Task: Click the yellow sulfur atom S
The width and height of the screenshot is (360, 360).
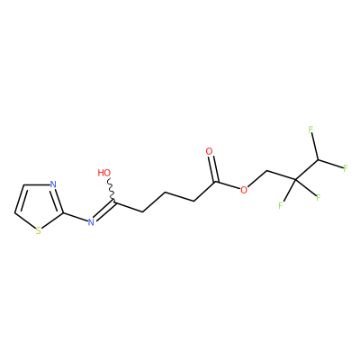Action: [x=38, y=230]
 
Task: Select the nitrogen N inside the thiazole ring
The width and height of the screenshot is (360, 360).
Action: [x=53, y=184]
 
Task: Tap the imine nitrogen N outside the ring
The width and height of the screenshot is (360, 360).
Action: [x=91, y=222]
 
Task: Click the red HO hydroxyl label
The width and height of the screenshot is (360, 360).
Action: [x=104, y=173]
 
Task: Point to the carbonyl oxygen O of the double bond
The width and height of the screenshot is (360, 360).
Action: [x=209, y=151]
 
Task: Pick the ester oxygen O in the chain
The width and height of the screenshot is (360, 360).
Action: [x=244, y=190]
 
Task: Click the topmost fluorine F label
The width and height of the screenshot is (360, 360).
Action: [x=310, y=130]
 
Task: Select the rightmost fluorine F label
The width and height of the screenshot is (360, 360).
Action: [x=346, y=168]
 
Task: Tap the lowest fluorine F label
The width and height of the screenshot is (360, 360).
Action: [x=281, y=206]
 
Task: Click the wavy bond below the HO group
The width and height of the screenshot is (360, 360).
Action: [x=111, y=188]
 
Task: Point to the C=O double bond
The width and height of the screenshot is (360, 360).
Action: [x=212, y=168]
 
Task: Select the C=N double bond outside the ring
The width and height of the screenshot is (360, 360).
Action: [x=104, y=210]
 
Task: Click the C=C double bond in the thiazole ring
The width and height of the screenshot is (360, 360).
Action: [x=20, y=199]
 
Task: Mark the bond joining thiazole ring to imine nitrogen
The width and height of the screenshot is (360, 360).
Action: [x=76, y=218]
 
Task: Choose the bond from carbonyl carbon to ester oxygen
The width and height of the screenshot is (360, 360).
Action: [x=228, y=185]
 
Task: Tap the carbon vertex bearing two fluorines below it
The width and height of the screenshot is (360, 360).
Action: [x=295, y=180]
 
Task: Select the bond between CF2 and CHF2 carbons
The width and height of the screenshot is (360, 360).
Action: [x=307, y=170]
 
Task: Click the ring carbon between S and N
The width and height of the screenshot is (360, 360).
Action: [x=63, y=213]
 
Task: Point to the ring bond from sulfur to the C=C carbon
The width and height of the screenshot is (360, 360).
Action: [x=24, y=220]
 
